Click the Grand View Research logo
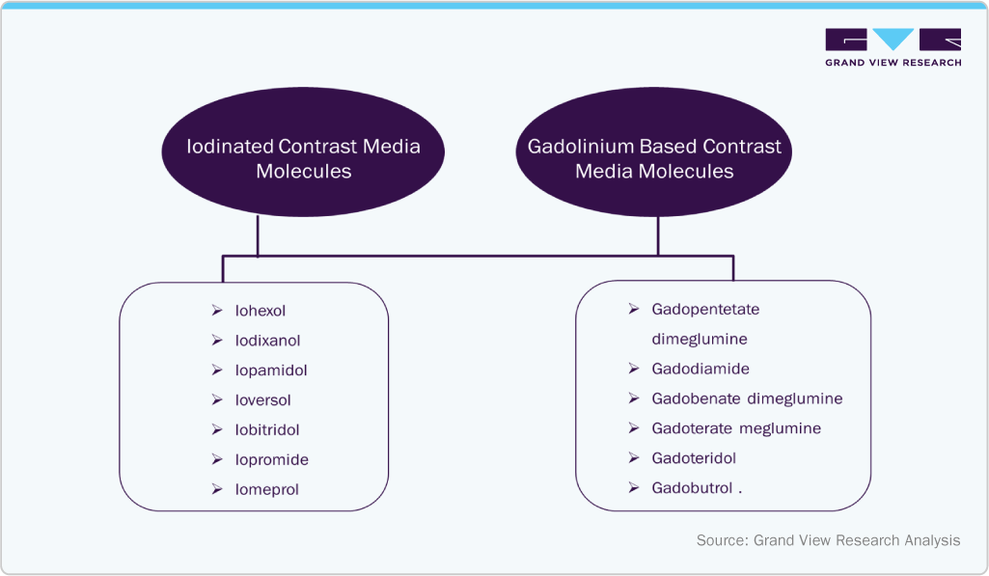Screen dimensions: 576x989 893,47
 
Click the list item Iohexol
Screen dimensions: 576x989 261,311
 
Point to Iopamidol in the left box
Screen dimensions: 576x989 271,370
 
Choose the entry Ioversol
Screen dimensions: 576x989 263,400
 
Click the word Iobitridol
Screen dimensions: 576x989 267,430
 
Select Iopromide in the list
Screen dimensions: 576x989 271,460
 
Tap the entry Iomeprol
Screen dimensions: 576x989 267,490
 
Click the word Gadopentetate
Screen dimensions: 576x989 705,310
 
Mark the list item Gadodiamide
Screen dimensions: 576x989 701,370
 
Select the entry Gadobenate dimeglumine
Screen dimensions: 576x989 747,399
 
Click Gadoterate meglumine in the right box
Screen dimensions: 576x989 736,428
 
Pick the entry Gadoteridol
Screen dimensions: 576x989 694,458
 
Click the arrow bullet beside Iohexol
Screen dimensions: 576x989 217,311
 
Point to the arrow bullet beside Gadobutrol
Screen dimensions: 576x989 633,488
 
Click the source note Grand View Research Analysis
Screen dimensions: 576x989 828,540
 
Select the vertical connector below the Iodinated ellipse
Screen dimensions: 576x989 259,236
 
